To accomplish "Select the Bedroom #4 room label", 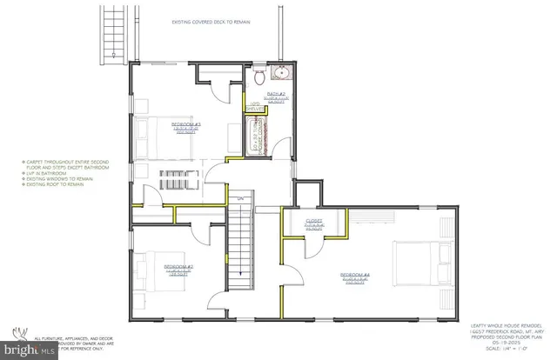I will pyautogui.click(x=354, y=276).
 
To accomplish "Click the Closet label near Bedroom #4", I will pyautogui.click(x=315, y=221).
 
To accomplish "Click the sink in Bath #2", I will pyautogui.click(x=283, y=72).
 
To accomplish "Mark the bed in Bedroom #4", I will pyautogui.click(x=416, y=259).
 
